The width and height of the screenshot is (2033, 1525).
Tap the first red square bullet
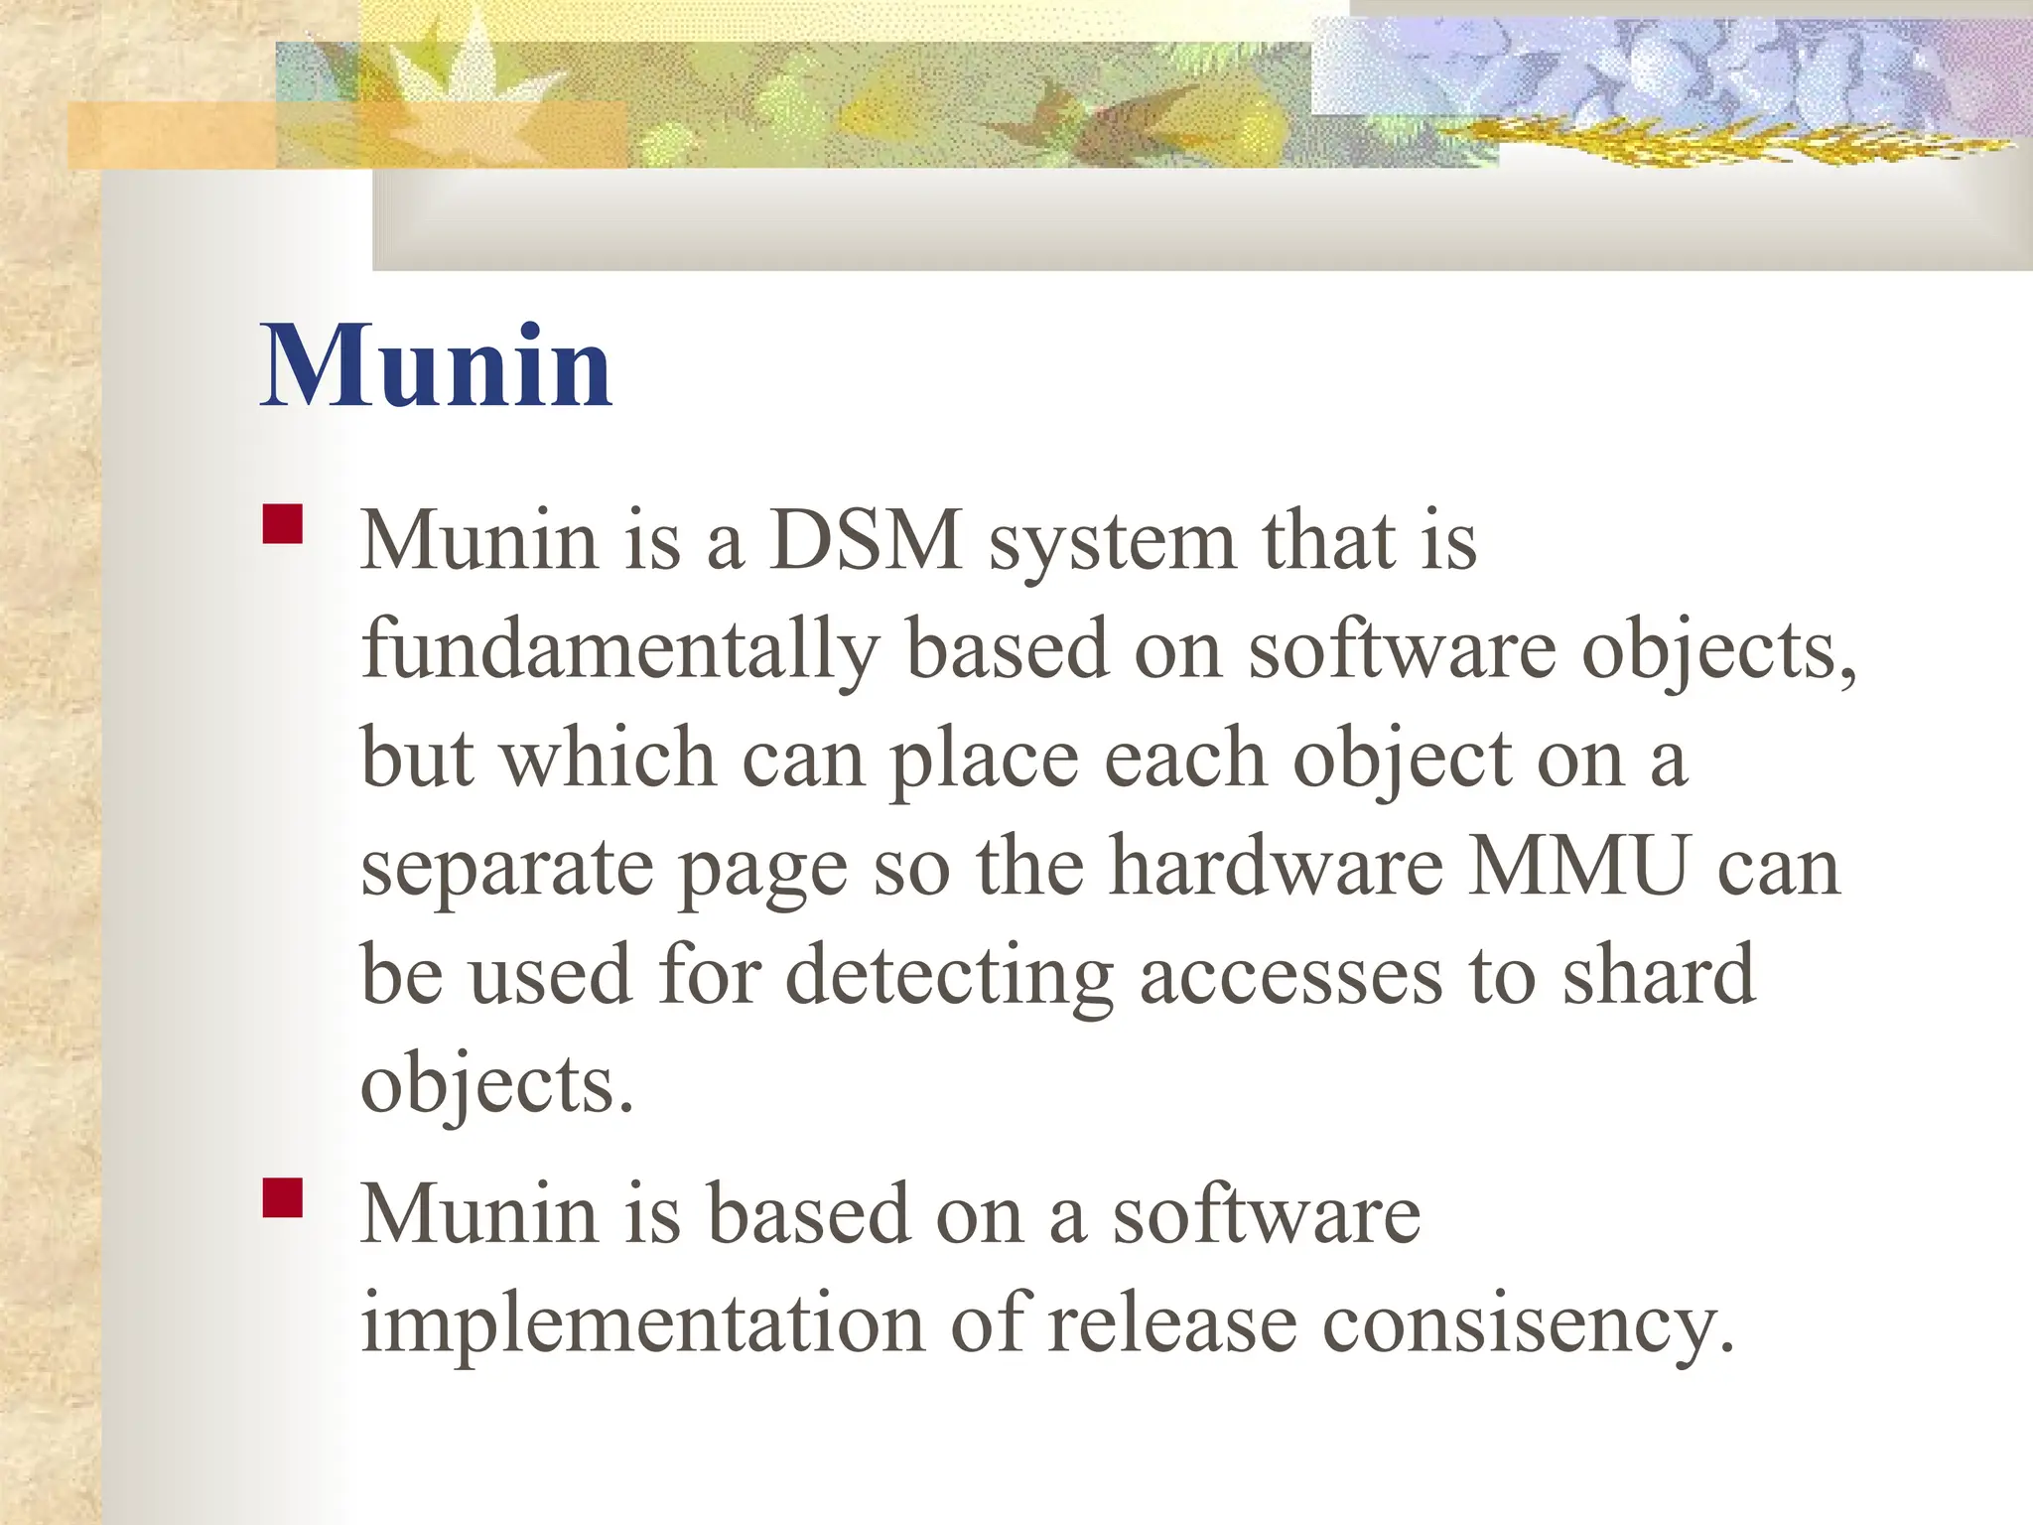click(283, 524)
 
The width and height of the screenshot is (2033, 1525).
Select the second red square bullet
click(283, 1197)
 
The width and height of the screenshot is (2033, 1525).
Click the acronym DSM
click(866, 541)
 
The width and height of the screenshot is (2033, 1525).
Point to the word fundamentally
click(619, 650)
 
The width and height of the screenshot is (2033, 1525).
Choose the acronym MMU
click(1578, 867)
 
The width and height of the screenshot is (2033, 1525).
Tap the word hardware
click(1276, 867)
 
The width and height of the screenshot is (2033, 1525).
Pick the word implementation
click(641, 1323)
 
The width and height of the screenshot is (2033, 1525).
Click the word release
click(1171, 1323)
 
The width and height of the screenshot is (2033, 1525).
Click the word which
click(607, 759)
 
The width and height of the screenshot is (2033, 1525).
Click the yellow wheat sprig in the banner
click(1688, 144)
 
